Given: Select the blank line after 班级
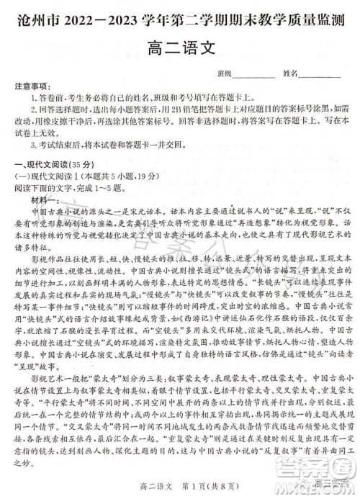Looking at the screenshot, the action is click(253, 74).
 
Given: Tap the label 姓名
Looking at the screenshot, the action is click(291, 74).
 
